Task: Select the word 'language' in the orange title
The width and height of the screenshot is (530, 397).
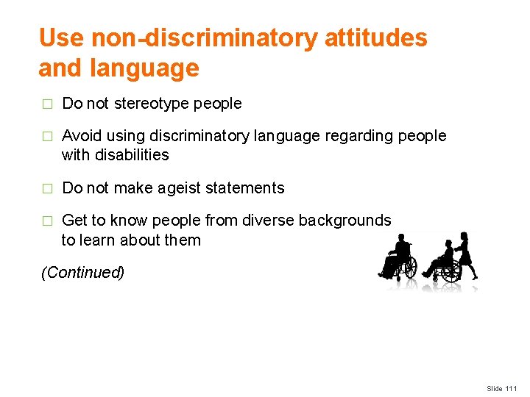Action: point(145,68)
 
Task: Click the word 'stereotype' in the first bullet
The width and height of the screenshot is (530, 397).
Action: point(152,104)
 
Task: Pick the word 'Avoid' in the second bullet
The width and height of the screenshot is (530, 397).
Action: point(82,136)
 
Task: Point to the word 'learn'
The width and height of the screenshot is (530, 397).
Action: point(96,240)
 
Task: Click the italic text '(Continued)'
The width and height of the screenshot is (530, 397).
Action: point(82,273)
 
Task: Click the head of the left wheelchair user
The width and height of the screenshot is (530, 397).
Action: point(402,240)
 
